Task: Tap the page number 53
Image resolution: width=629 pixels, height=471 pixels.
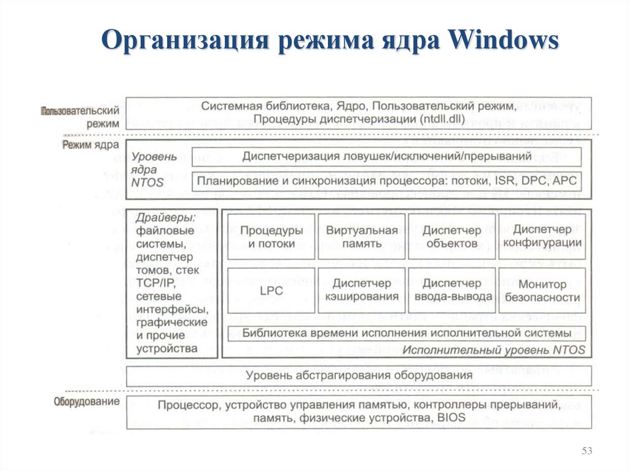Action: [x=587, y=452]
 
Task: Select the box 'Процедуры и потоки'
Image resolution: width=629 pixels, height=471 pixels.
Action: [x=271, y=237]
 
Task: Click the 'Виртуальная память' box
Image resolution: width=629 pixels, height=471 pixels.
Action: [x=362, y=237]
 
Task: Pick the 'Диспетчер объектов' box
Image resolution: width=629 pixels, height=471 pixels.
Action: [x=451, y=237]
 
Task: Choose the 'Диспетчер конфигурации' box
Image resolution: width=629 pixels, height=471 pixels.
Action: [x=542, y=237]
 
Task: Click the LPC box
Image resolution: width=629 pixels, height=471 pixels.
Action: [x=271, y=290]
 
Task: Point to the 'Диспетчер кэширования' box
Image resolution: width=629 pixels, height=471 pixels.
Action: [x=362, y=290]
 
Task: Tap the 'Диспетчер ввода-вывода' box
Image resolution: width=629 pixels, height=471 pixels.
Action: [x=451, y=290]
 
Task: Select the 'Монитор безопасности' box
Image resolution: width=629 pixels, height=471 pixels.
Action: [x=542, y=290]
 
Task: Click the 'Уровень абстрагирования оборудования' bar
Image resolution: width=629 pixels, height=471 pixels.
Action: [x=359, y=375]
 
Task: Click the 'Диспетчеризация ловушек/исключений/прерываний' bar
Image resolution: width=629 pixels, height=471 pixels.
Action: [x=387, y=157]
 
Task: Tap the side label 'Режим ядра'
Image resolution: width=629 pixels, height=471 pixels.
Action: [x=90, y=145]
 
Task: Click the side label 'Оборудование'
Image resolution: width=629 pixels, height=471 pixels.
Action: [x=87, y=402]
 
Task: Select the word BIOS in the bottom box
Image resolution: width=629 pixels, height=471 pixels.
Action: [x=451, y=418]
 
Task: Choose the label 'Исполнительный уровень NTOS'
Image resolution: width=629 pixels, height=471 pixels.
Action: [x=493, y=349]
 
